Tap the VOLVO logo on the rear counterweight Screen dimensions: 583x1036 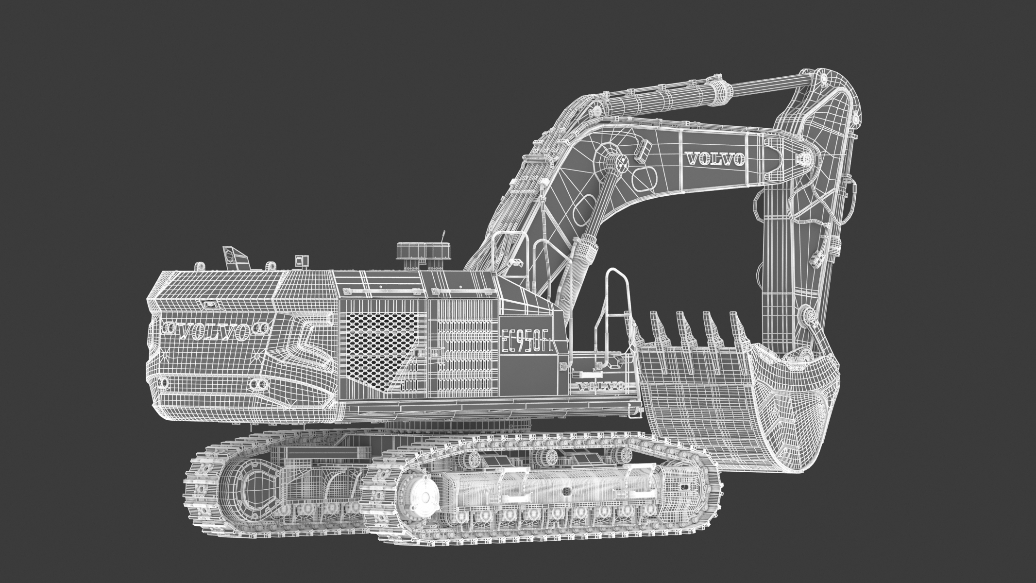point(214,331)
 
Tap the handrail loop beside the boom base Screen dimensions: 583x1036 point(614,311)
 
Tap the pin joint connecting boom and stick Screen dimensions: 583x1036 point(805,159)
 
